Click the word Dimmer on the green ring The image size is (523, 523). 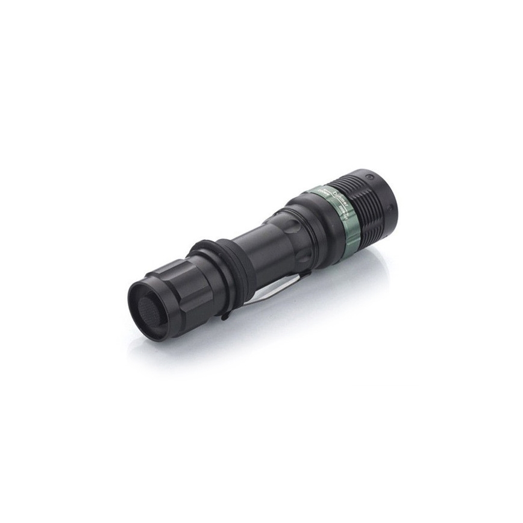click(342, 195)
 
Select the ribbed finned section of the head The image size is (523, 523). click(364, 199)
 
